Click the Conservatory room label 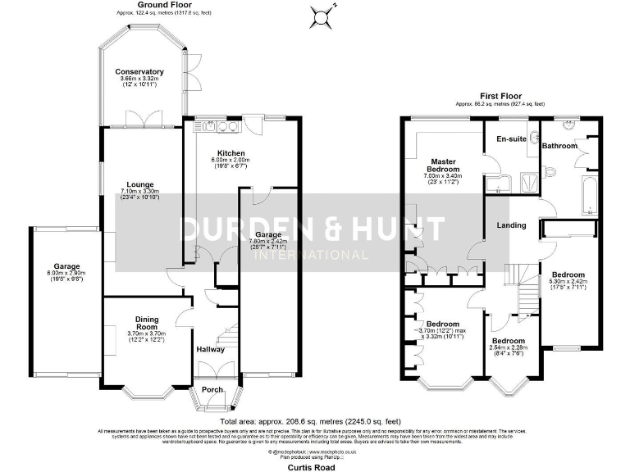[139, 72]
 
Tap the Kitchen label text [223, 153]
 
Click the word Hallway [211, 349]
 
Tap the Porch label [212, 389]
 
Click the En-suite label [511, 139]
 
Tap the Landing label [511, 225]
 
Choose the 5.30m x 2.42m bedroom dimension [568, 281]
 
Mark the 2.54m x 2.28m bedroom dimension [509, 347]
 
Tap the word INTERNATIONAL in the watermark [311, 255]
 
